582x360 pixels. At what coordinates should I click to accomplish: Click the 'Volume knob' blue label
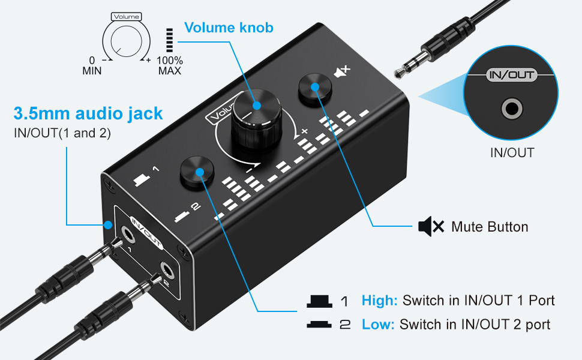click(x=229, y=28)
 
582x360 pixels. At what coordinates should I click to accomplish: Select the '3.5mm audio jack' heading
click(x=88, y=113)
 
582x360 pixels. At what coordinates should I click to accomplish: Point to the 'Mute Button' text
click(x=490, y=227)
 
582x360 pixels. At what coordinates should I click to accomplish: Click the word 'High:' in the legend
click(x=379, y=301)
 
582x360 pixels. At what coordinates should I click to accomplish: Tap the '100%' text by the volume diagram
click(x=170, y=60)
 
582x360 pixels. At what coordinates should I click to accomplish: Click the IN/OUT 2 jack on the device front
click(x=166, y=271)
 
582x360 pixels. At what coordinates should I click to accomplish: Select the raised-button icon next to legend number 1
click(x=319, y=301)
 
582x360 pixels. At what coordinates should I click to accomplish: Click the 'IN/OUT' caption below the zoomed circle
click(x=512, y=152)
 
